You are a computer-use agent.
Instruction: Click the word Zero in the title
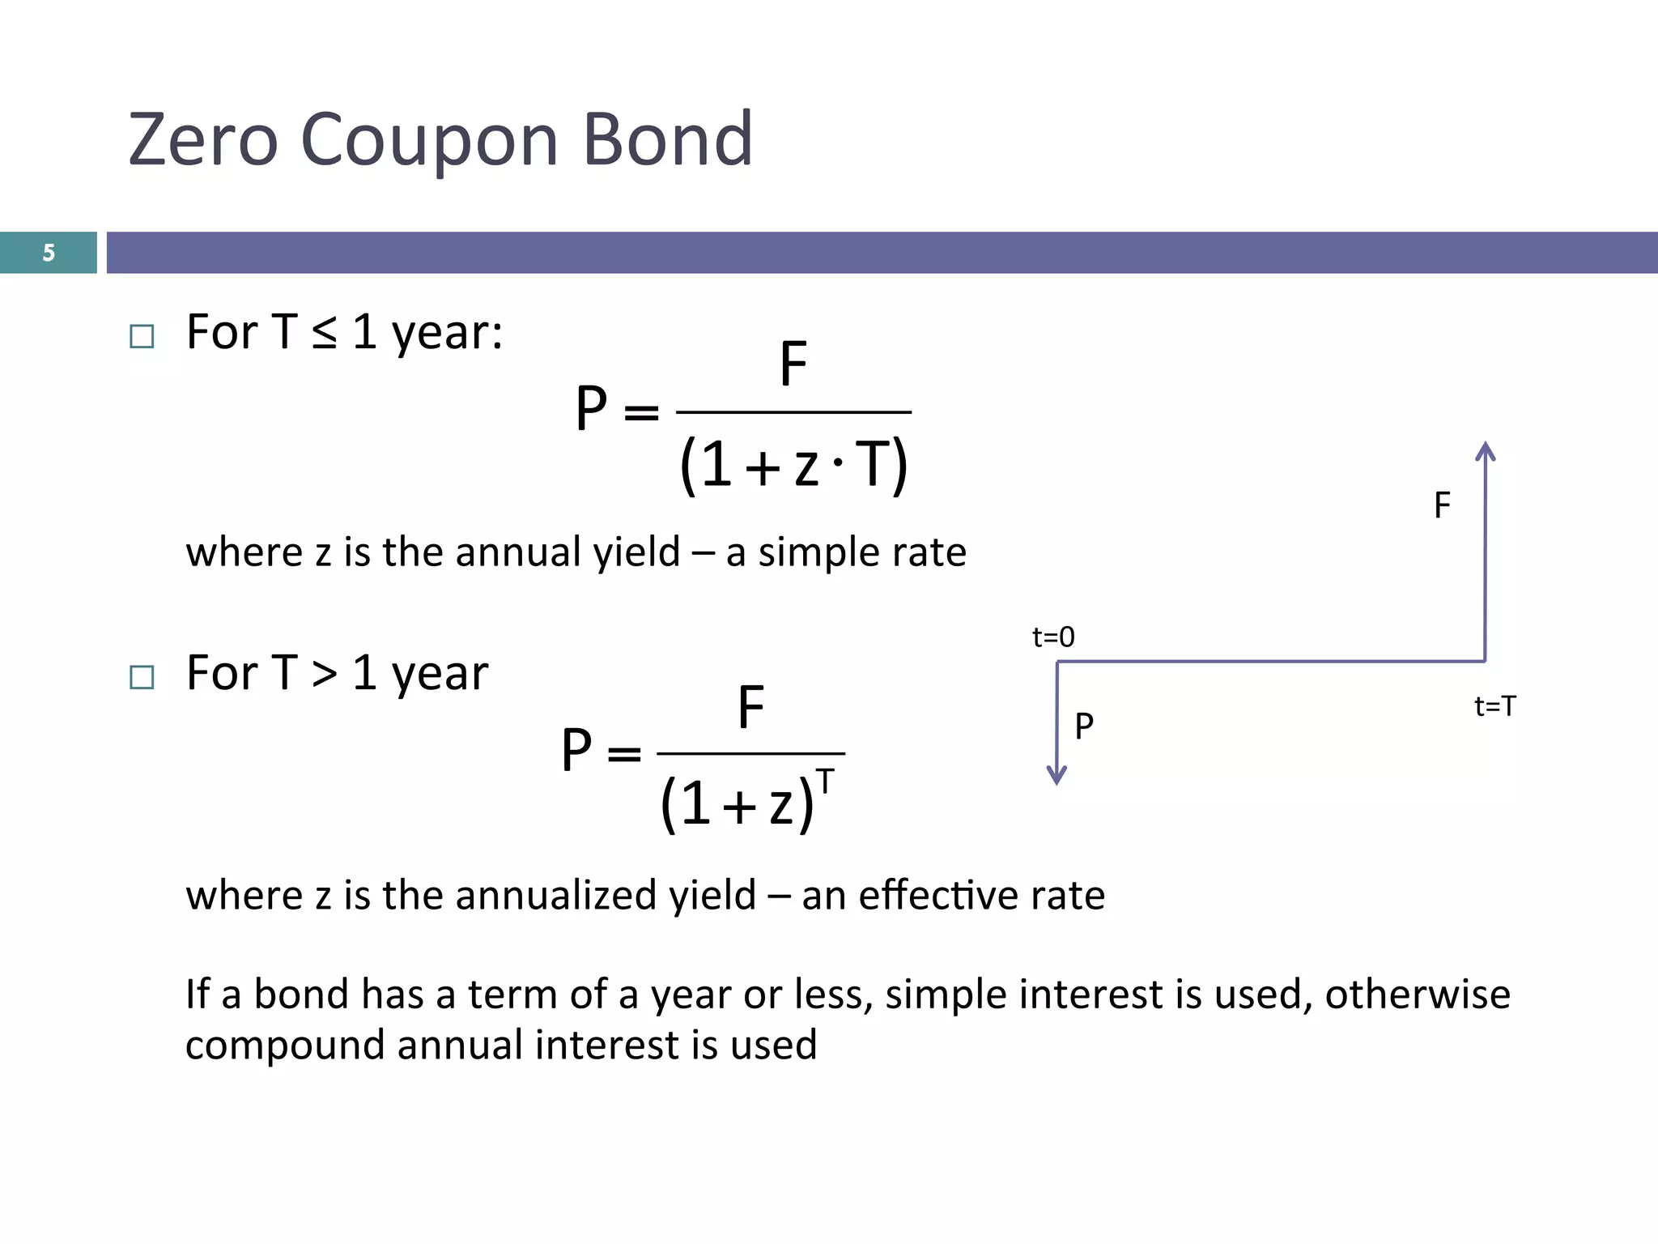(203, 139)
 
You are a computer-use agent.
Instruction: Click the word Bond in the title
(667, 139)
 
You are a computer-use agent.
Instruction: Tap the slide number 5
(49, 253)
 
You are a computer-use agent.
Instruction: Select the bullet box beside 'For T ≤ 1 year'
(142, 336)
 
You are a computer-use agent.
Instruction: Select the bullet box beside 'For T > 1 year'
(142, 677)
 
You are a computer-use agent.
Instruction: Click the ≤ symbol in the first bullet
(324, 333)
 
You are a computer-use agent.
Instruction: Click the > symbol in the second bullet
(324, 674)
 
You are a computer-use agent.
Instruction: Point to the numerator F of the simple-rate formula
(793, 364)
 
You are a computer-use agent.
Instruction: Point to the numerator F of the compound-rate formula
(750, 707)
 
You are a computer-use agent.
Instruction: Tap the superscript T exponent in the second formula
(825, 782)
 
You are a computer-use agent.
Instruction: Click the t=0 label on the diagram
(1053, 637)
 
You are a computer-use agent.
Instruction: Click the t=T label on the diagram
(1494, 706)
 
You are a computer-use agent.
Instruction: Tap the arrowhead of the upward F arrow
(1485, 450)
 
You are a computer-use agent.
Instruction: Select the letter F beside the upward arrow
(1442, 505)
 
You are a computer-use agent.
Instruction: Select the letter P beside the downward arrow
(1084, 726)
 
